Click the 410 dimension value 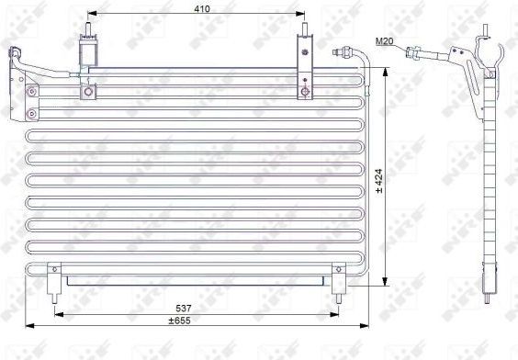202,8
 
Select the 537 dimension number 184,309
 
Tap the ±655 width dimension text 179,321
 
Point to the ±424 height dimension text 378,181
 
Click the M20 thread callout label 384,41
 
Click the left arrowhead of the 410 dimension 92,14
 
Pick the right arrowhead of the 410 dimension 300,14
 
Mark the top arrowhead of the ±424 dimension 385,72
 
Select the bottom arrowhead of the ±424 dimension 385,281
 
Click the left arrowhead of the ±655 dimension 29,326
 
